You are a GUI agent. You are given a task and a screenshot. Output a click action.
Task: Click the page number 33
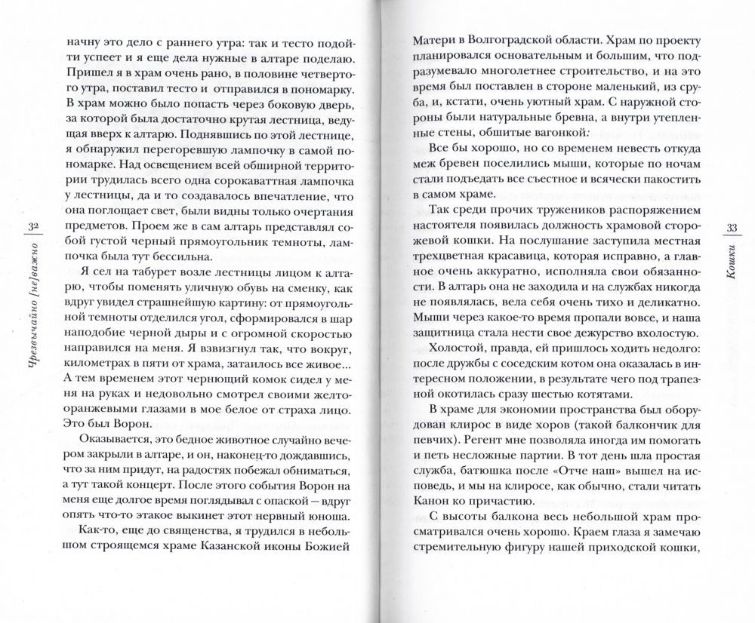(730, 229)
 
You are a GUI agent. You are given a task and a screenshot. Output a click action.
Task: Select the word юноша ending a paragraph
(331, 517)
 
